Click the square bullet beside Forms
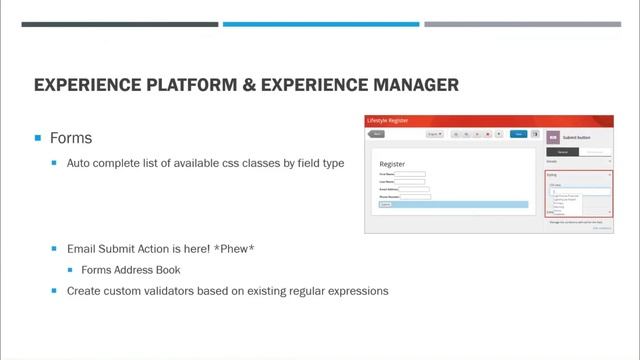click(x=38, y=138)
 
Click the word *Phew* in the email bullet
click(x=233, y=246)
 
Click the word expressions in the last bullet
click(x=354, y=291)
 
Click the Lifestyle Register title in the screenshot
click(x=388, y=120)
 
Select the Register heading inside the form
click(x=392, y=163)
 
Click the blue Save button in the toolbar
click(x=517, y=133)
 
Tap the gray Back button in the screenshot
click(x=377, y=133)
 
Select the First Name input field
click(x=410, y=174)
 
